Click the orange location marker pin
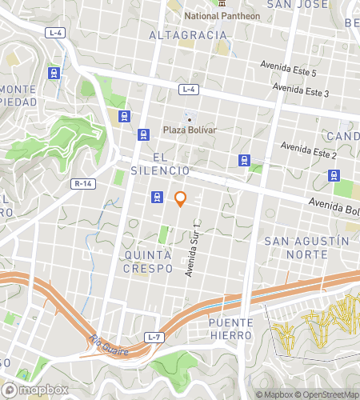click(181, 198)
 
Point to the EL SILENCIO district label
click(159, 164)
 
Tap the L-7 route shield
click(156, 338)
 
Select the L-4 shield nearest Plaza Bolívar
click(188, 89)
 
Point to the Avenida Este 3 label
click(301, 90)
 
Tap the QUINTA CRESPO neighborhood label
click(148, 262)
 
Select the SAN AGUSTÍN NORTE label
click(307, 247)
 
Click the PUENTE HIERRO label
click(230, 329)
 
